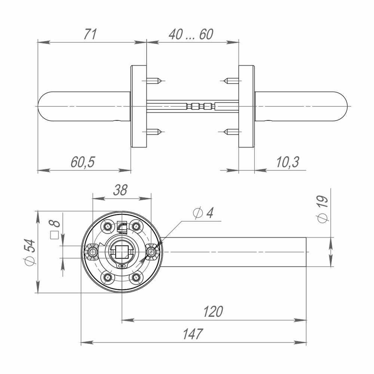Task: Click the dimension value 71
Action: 90,34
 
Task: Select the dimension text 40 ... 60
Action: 191,34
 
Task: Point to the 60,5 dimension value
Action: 83,162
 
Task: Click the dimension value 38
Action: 120,190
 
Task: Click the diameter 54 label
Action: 30,252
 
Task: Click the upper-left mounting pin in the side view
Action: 154,80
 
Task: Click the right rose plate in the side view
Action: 246,106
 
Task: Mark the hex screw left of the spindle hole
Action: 92,252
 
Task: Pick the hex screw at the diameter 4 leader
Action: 151,252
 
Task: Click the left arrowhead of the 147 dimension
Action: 84,342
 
